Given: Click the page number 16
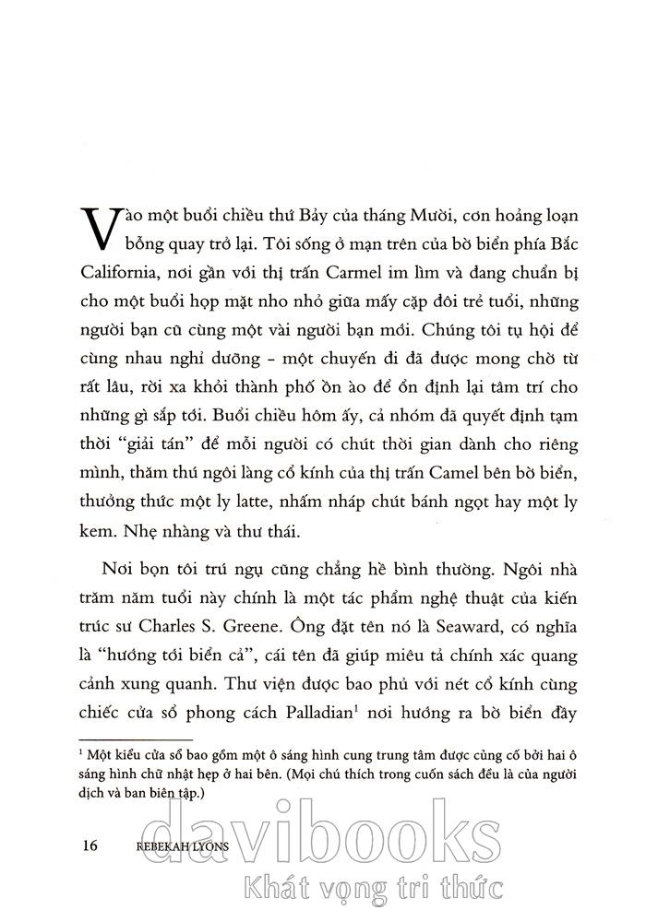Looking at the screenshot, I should click(90, 845).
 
